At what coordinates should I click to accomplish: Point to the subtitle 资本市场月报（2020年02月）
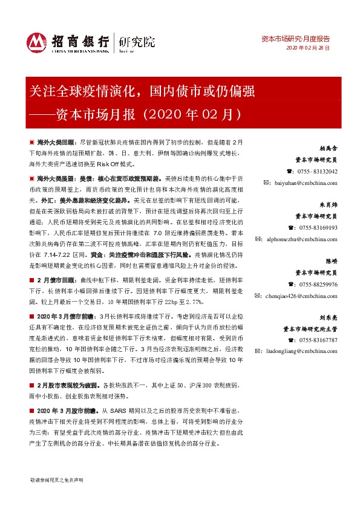tap(137, 113)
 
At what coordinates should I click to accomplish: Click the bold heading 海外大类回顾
tap(57, 140)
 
